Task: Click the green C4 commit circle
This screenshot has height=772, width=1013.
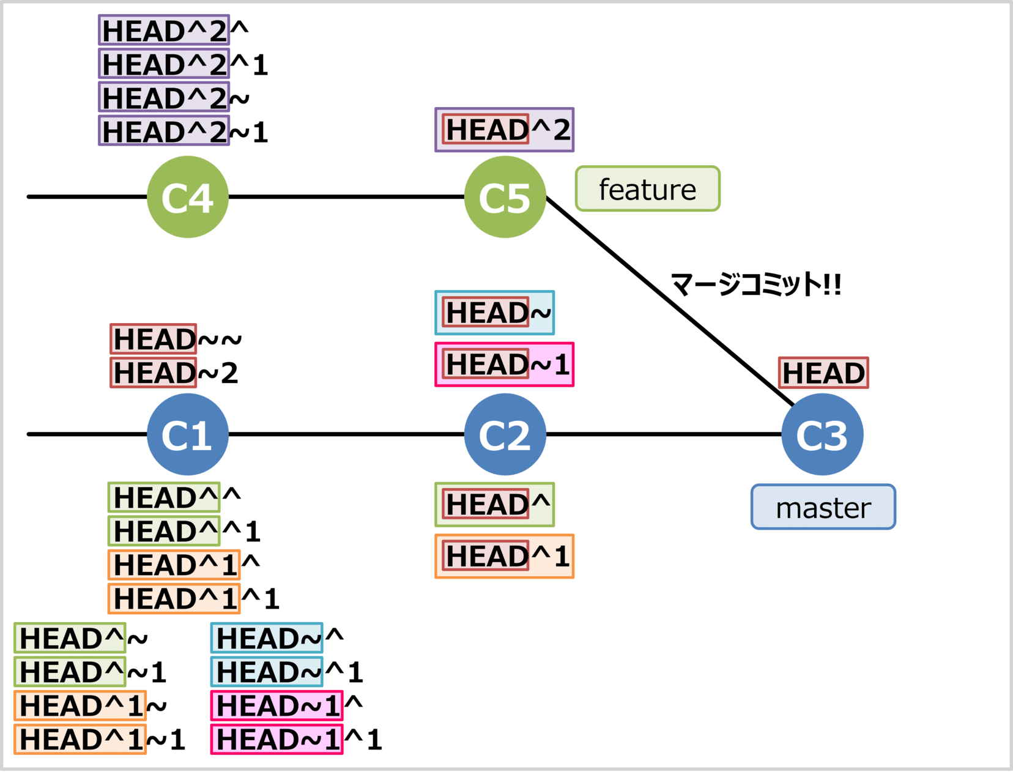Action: pos(188,197)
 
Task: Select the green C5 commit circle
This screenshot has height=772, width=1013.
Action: pos(505,197)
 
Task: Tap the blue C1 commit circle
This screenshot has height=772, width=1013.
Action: pos(188,434)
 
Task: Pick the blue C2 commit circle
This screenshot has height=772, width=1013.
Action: pos(505,434)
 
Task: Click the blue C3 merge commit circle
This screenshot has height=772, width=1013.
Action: pos(822,434)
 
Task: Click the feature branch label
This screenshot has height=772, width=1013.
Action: pos(647,189)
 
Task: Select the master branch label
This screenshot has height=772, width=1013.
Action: pos(823,507)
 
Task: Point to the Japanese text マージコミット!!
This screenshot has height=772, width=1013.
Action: pos(756,284)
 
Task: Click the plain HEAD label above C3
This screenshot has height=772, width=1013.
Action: pos(823,373)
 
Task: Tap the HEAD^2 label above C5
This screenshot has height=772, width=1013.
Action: pos(504,130)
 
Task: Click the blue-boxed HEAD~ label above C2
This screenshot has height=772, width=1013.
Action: pos(494,313)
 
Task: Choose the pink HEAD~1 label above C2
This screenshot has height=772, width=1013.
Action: pos(504,365)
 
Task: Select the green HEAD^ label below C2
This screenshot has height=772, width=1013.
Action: pos(494,505)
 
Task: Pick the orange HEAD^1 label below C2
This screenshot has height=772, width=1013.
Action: pos(504,556)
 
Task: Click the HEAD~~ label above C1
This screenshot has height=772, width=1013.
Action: pos(176,340)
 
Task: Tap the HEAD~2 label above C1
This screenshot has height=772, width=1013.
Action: pos(175,373)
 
